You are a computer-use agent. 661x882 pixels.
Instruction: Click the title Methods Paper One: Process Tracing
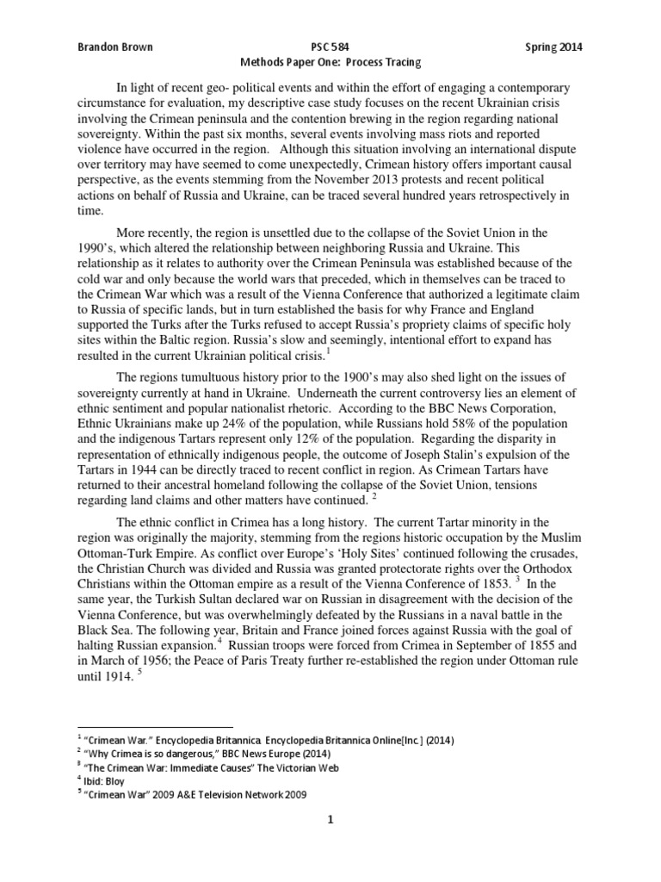coord(330,63)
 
